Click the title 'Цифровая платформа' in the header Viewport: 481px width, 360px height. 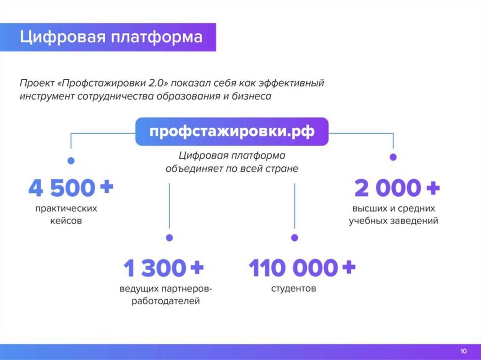[111, 37]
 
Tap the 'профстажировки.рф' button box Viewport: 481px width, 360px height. [232, 131]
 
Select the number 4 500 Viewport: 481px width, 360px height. [62, 188]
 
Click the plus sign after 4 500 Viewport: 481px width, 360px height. [106, 187]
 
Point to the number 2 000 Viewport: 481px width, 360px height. [387, 188]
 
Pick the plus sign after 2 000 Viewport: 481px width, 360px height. [432, 188]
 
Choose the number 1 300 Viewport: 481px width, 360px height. [154, 268]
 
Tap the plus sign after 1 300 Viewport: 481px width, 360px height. [196, 268]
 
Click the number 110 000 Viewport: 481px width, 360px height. [292, 268]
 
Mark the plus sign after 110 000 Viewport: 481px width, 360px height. [348, 268]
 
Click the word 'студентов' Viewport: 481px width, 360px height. [294, 288]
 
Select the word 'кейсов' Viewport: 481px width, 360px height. [66, 220]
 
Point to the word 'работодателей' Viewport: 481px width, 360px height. [166, 301]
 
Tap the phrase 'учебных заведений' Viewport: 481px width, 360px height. [393, 220]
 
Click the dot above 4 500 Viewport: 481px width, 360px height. [71, 161]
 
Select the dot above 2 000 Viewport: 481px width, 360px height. [393, 157]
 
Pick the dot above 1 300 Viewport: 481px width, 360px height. [170, 237]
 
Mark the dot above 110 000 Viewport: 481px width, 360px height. [295, 237]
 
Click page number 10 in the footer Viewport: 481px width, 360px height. [463, 352]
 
